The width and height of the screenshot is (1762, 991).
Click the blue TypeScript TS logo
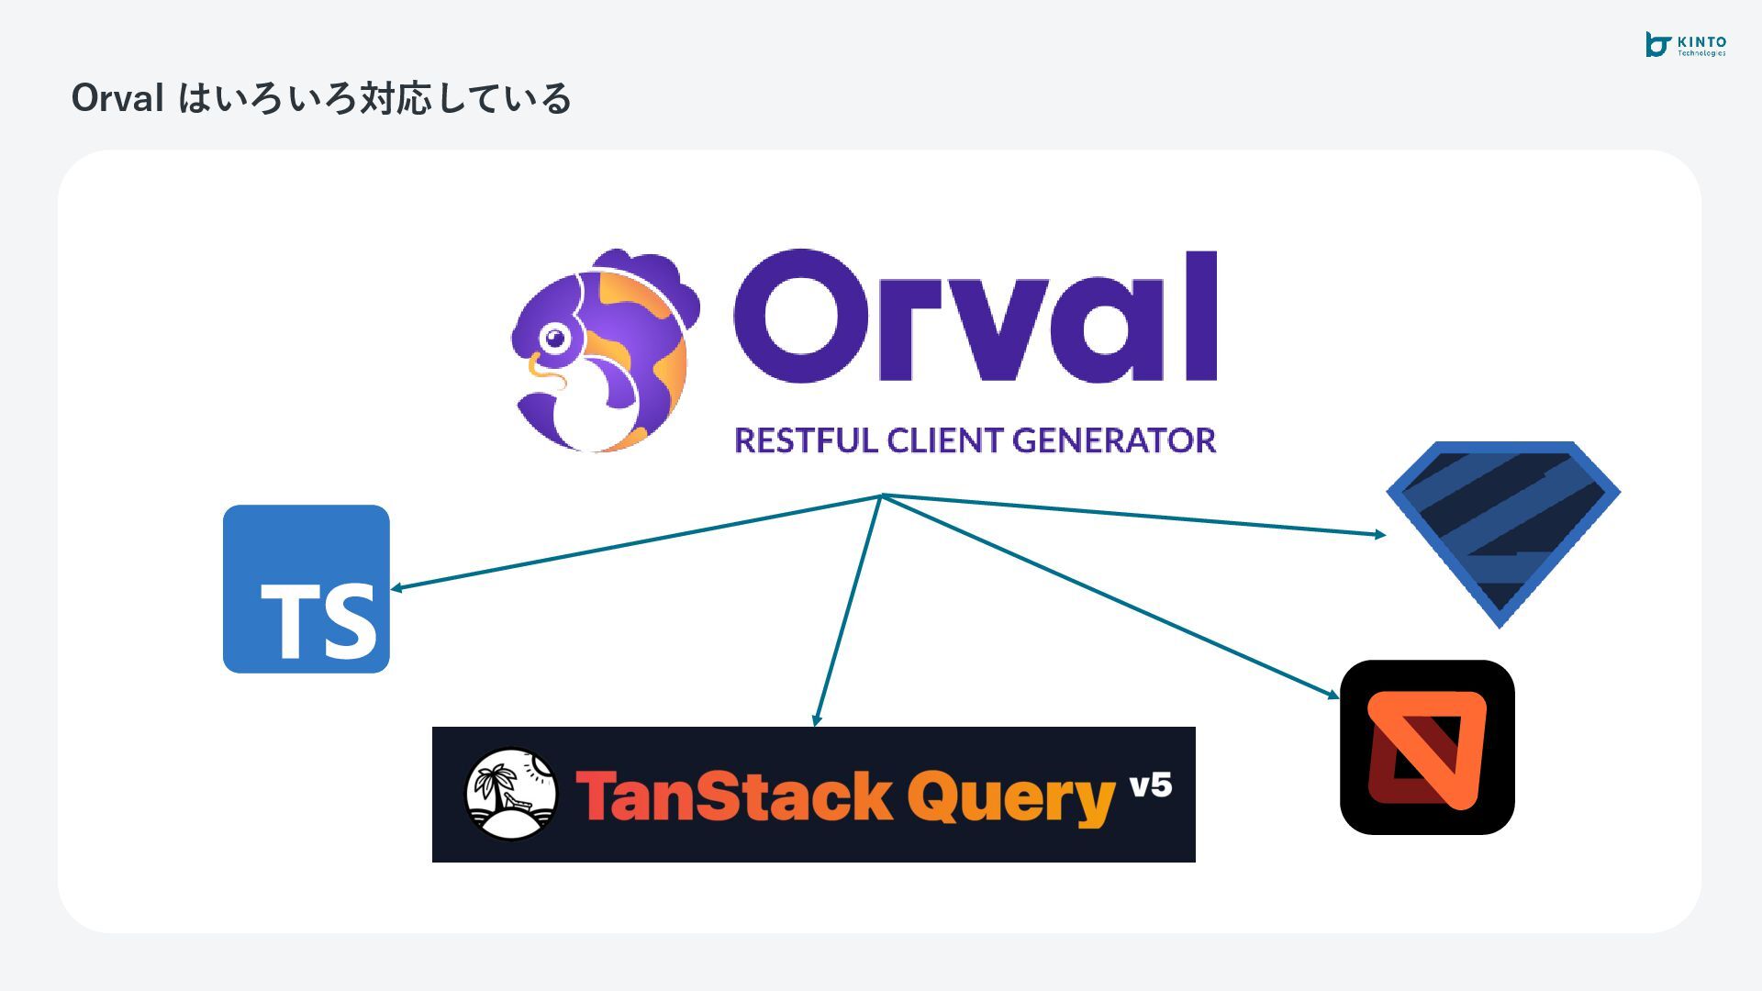coord(307,588)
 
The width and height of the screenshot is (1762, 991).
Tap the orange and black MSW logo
coord(1427,747)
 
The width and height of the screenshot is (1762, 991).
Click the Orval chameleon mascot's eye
coord(554,339)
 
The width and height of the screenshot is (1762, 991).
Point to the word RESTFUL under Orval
coord(806,440)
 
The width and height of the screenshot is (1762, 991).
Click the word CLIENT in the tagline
coord(945,440)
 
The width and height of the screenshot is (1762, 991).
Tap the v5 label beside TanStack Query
coord(1150,785)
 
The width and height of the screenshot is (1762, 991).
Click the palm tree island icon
coord(511,794)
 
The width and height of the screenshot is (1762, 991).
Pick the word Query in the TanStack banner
coord(1010,797)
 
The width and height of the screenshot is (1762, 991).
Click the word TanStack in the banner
coord(733,796)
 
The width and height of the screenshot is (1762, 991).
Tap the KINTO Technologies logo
coord(1685,45)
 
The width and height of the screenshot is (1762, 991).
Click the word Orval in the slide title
coord(117,98)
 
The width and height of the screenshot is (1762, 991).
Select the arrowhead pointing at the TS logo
coord(396,588)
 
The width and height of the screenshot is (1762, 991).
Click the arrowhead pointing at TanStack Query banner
coord(816,720)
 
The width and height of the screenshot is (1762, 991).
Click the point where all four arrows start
coord(881,495)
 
